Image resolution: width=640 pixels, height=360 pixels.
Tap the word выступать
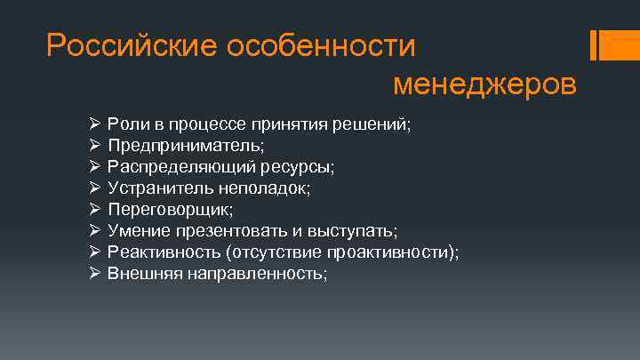[352, 231]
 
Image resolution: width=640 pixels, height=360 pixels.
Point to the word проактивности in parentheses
[396, 252]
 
